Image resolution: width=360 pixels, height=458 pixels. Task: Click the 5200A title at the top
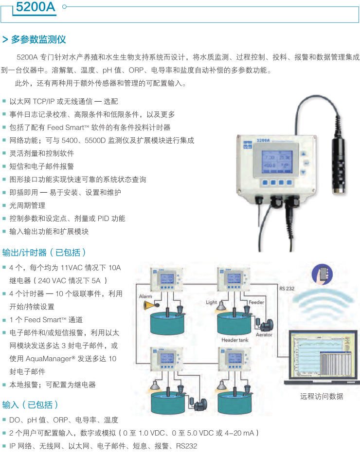click(36, 7)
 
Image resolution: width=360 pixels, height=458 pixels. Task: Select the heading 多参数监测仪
click(38, 39)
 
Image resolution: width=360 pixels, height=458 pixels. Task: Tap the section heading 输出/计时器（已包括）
click(44, 253)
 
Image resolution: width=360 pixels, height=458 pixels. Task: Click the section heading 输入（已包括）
click(30, 405)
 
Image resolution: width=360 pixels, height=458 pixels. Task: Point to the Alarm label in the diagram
click(145, 296)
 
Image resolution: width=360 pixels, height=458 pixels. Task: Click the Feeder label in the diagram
click(256, 302)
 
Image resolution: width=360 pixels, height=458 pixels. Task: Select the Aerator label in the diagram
click(264, 335)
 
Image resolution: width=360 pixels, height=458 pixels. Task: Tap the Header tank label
click(235, 340)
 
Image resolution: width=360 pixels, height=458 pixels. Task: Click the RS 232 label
click(287, 289)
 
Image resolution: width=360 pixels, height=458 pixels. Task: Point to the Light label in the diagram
click(212, 302)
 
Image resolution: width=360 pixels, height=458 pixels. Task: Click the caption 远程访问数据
click(322, 396)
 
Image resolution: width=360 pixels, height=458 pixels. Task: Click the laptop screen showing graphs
click(323, 356)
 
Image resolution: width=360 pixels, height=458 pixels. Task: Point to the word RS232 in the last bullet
click(187, 446)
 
